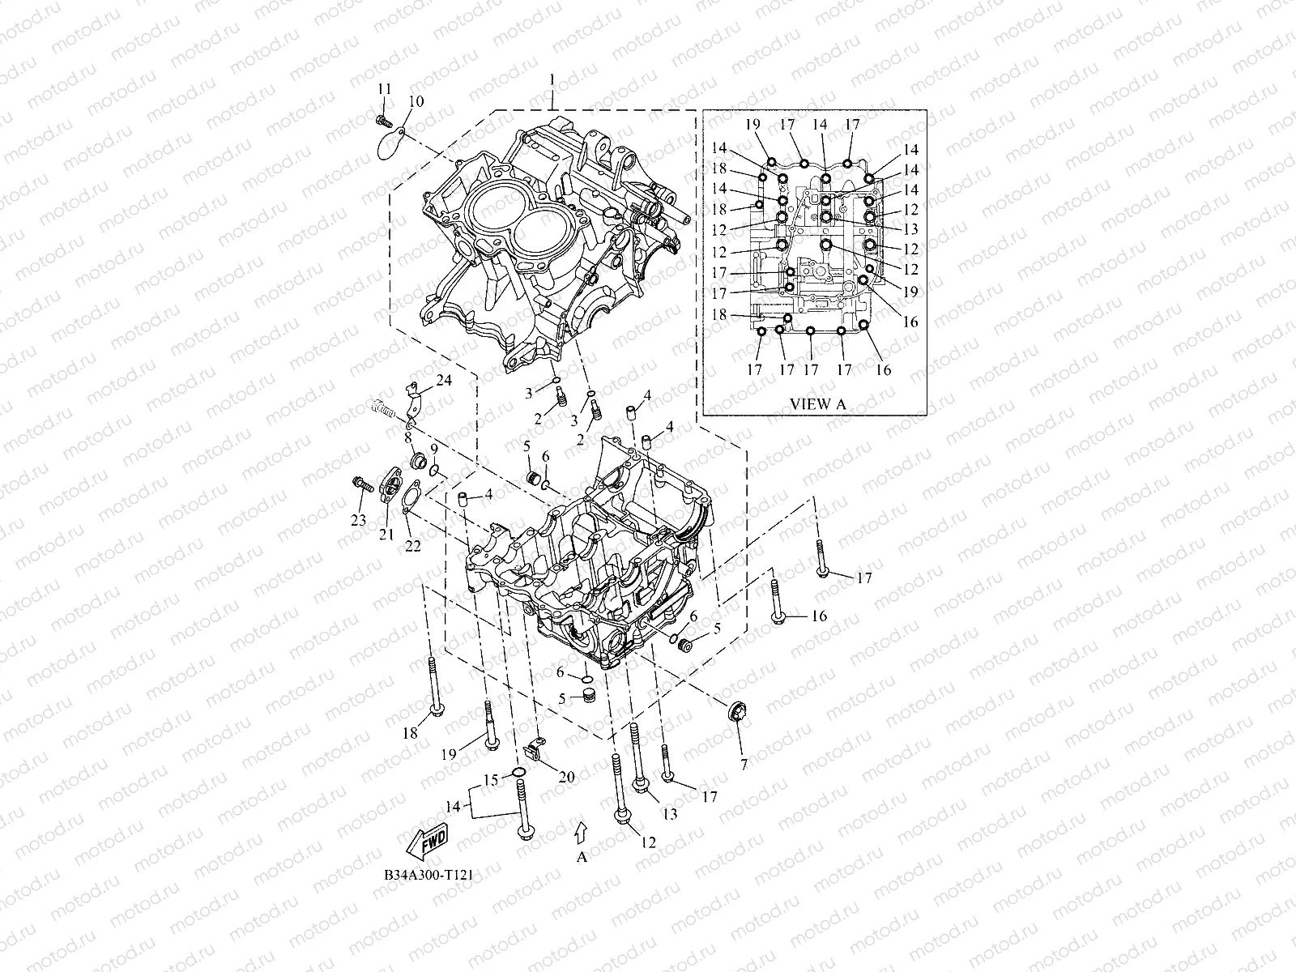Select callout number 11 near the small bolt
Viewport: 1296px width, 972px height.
click(x=384, y=87)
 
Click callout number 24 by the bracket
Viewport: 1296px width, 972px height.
click(x=444, y=380)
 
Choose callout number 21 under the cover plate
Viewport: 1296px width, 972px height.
click(x=386, y=534)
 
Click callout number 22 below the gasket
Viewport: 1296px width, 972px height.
click(x=413, y=547)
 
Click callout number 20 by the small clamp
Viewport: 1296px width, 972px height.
click(x=566, y=777)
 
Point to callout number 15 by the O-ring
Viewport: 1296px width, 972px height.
click(x=490, y=780)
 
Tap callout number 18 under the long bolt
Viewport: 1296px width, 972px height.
click(x=410, y=733)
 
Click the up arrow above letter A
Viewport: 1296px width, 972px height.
click(x=580, y=831)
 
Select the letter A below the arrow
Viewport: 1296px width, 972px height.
click(x=581, y=858)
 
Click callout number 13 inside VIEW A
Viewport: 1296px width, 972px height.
click(x=911, y=228)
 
